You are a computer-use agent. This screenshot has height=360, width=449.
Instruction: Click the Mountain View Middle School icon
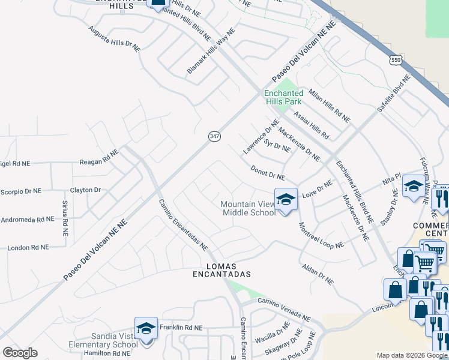(x=286, y=199)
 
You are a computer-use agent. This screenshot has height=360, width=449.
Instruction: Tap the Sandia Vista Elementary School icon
(x=146, y=328)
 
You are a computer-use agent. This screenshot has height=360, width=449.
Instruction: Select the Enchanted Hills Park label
(x=284, y=97)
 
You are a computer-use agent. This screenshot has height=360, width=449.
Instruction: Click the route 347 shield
(x=215, y=136)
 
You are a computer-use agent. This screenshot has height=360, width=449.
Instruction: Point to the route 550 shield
(x=395, y=60)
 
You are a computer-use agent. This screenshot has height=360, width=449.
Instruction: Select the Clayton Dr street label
(x=85, y=190)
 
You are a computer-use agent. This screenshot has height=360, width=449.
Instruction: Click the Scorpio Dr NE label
(x=20, y=191)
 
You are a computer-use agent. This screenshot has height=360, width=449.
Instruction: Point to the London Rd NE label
(x=27, y=247)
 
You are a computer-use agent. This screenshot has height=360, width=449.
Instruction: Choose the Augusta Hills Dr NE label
(x=114, y=38)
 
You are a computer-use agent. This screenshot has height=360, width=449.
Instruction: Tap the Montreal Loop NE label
(x=321, y=235)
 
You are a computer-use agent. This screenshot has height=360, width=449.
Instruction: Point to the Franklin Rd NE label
(x=181, y=328)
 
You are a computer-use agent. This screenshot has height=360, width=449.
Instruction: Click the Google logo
(x=20, y=353)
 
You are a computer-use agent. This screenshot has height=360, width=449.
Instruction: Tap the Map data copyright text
(x=412, y=355)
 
